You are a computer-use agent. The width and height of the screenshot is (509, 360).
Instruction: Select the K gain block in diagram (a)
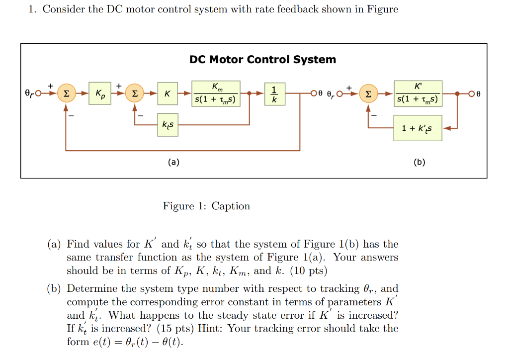pyautogui.click(x=168, y=93)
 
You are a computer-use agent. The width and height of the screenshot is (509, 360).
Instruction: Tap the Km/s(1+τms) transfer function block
pyautogui.click(x=217, y=93)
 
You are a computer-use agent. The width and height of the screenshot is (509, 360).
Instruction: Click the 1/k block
pyautogui.click(x=274, y=93)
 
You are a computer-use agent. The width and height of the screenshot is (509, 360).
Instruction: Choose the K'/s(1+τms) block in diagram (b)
pyautogui.click(x=418, y=93)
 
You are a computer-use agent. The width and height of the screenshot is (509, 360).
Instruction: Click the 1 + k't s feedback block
pyautogui.click(x=418, y=128)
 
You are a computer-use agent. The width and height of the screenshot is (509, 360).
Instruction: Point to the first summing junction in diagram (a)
pyautogui.click(x=66, y=93)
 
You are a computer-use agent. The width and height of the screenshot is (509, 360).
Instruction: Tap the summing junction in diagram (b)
pyautogui.click(x=368, y=93)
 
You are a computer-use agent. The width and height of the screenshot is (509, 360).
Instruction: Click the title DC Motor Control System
pyautogui.click(x=262, y=60)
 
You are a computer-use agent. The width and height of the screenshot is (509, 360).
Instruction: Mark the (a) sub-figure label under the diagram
pyautogui.click(x=173, y=162)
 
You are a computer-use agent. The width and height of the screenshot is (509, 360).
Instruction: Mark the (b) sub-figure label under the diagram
pyautogui.click(x=419, y=162)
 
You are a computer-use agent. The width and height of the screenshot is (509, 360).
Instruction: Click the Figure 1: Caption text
pyautogui.click(x=206, y=206)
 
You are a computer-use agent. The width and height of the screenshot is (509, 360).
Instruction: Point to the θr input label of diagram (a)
pyautogui.click(x=30, y=93)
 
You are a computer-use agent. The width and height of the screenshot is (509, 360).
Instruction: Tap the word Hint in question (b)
pyautogui.click(x=209, y=329)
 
